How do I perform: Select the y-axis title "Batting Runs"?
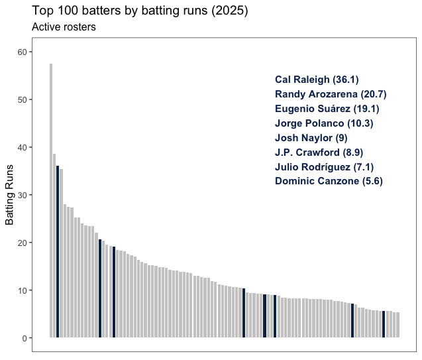pos(10,195)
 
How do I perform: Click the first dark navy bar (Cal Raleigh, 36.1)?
pos(58,252)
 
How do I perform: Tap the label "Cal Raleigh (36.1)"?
pos(317,80)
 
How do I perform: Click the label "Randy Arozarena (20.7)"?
pos(331,94)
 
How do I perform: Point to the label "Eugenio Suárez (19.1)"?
pos(327,109)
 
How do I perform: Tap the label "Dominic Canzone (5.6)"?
pos(329,181)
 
